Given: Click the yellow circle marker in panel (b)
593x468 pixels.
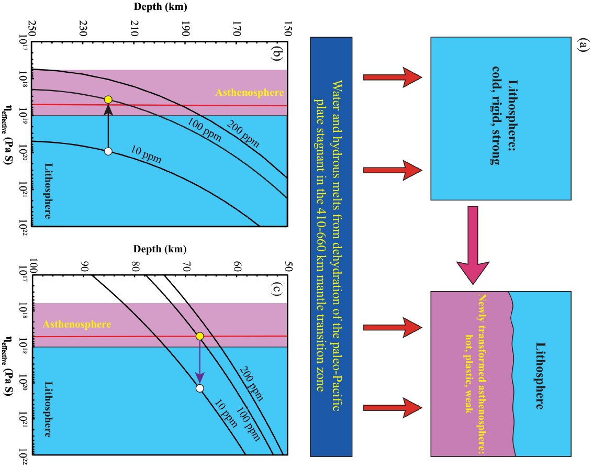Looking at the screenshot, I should coord(108,99).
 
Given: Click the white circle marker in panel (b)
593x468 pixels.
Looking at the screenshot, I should coord(108,151).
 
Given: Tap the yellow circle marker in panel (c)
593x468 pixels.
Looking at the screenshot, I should coord(199,336).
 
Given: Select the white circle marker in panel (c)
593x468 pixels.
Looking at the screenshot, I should coord(199,388).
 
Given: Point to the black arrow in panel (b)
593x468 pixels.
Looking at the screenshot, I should coord(108,126).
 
